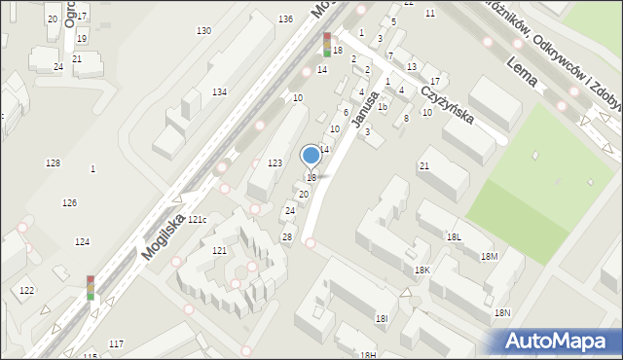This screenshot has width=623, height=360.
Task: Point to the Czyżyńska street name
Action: tap(447, 101)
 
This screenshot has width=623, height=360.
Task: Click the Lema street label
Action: tap(523, 74)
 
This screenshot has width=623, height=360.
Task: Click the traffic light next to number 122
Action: tap(91, 287)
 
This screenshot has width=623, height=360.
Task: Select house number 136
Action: tap(285, 19)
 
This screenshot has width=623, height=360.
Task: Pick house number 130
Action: tap(203, 31)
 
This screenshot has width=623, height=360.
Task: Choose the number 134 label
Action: tap(220, 91)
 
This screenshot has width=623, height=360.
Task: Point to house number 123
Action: tap(275, 162)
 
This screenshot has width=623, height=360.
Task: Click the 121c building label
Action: tap(198, 220)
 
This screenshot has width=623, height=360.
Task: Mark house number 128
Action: tap(53, 162)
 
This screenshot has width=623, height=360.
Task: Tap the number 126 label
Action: tap(69, 202)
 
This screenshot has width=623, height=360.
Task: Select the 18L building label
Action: tap(454, 236)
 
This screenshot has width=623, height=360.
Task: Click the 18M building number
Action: tap(489, 256)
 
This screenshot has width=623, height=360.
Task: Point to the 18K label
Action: tap(421, 270)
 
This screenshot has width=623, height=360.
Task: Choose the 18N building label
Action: tap(502, 312)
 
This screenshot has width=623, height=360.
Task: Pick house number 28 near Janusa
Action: tap(287, 237)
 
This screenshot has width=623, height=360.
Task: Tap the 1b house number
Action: tap(383, 107)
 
